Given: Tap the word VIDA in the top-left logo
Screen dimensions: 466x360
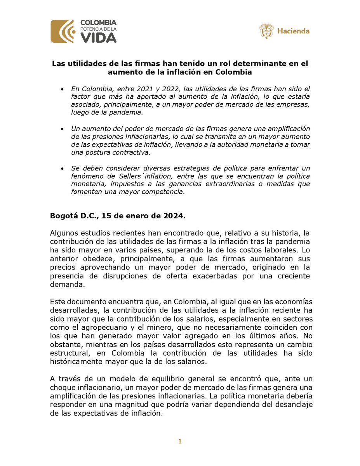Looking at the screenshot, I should (98, 38).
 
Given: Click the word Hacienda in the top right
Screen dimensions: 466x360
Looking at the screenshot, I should (293, 31).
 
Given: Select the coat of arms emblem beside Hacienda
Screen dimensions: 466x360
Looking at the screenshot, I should (266, 31).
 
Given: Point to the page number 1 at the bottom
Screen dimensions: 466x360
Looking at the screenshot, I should (180, 441).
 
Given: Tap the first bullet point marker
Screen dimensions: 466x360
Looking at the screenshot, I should (63, 90).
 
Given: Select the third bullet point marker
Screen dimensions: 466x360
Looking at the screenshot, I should (63, 169).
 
